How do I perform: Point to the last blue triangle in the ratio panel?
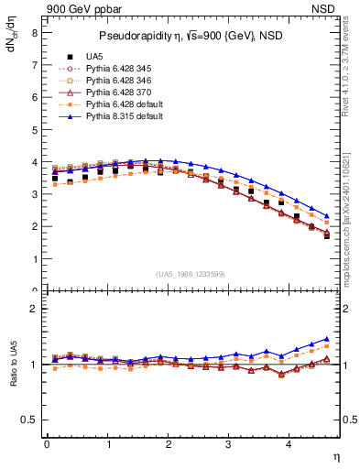tap(327, 339)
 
